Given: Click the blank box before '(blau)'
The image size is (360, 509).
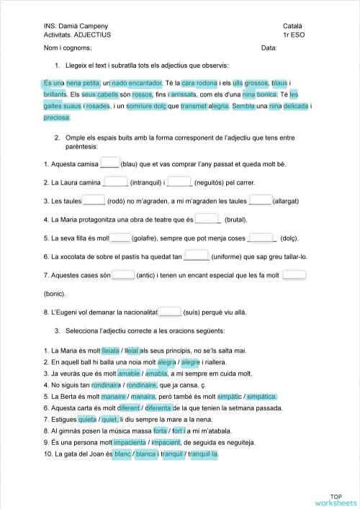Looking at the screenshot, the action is tap(109, 163).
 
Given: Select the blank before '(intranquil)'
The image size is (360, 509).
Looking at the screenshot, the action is tap(116, 181).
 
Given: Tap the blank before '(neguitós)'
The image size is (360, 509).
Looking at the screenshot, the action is tap(179, 181).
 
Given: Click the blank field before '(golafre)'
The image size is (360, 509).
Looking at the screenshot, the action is tap(121, 238).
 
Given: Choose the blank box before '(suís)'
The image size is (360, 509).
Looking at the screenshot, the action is tap(170, 312).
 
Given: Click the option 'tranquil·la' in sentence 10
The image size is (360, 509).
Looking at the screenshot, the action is tap(203, 454).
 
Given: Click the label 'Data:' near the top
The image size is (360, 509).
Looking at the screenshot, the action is tap(269, 48).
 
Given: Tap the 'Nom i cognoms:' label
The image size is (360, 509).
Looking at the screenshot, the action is tap(68, 48).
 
